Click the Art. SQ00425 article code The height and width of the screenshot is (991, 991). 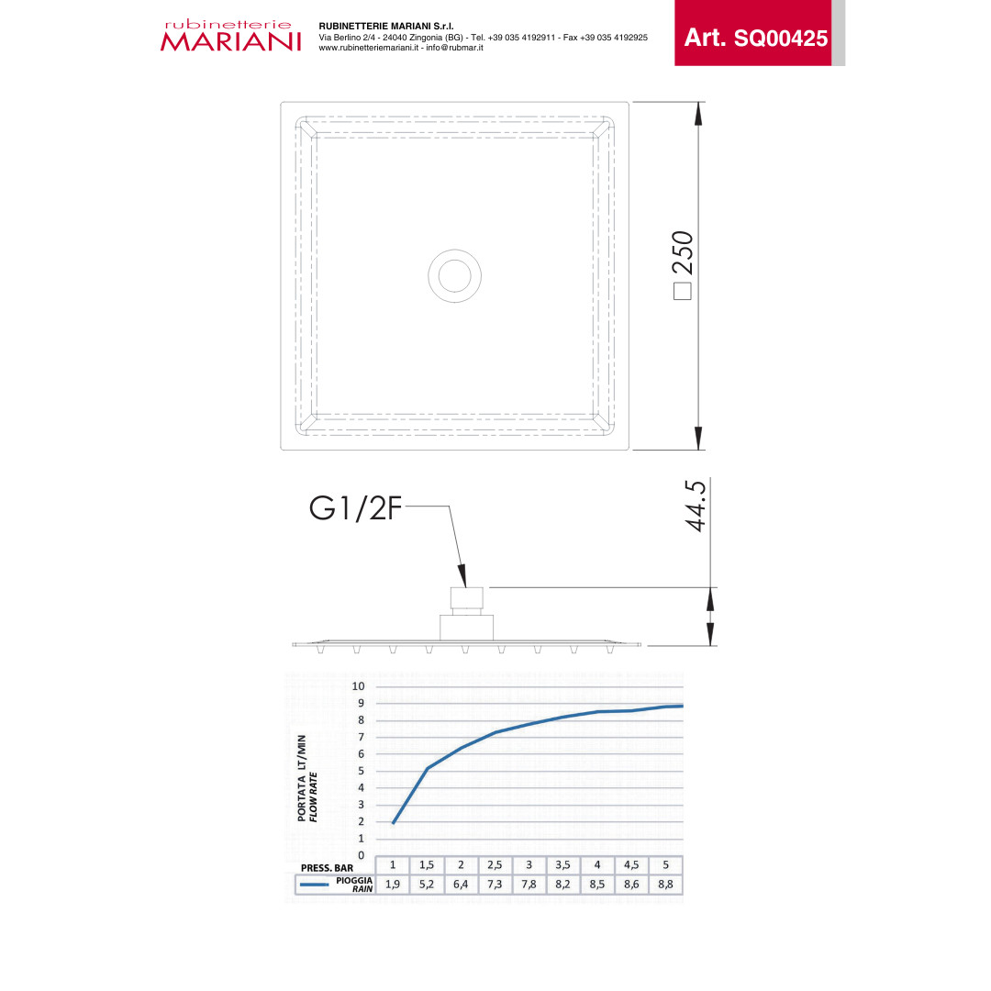[756, 38]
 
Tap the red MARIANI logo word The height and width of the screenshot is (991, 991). [230, 41]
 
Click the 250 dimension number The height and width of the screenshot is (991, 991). [684, 253]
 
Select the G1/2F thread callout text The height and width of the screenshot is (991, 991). [355, 508]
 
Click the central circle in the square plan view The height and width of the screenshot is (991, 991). [454, 276]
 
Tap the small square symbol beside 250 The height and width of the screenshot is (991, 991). [683, 292]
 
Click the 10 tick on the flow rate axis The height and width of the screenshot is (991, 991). [359, 686]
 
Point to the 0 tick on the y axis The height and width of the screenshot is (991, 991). [362, 855]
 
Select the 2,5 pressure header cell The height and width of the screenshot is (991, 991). [495, 864]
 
